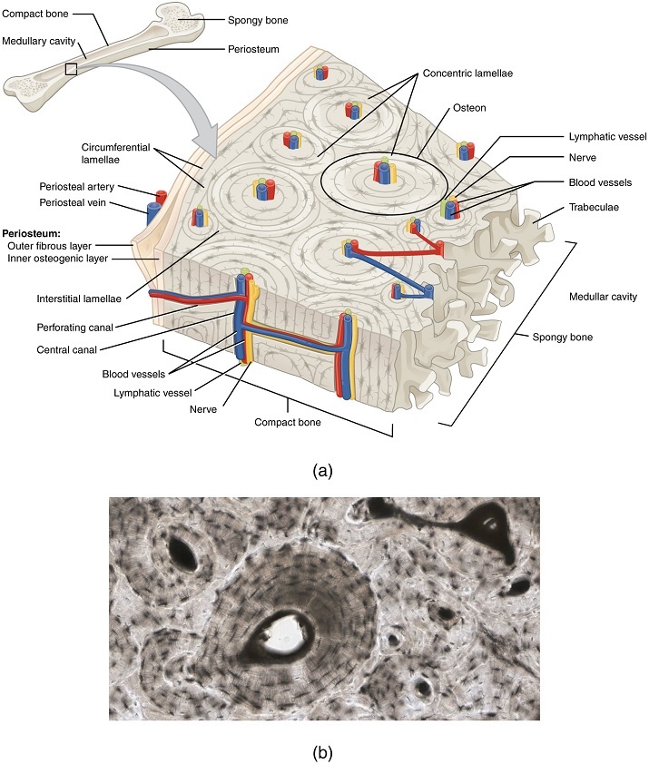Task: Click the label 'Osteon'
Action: pyautogui.click(x=470, y=108)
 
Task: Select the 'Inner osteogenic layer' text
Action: pyautogui.click(x=61, y=259)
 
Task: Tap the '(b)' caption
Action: pyautogui.click(x=323, y=750)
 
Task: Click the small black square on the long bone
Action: pyautogui.click(x=71, y=70)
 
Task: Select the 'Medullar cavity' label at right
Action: pyautogui.click(x=603, y=297)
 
